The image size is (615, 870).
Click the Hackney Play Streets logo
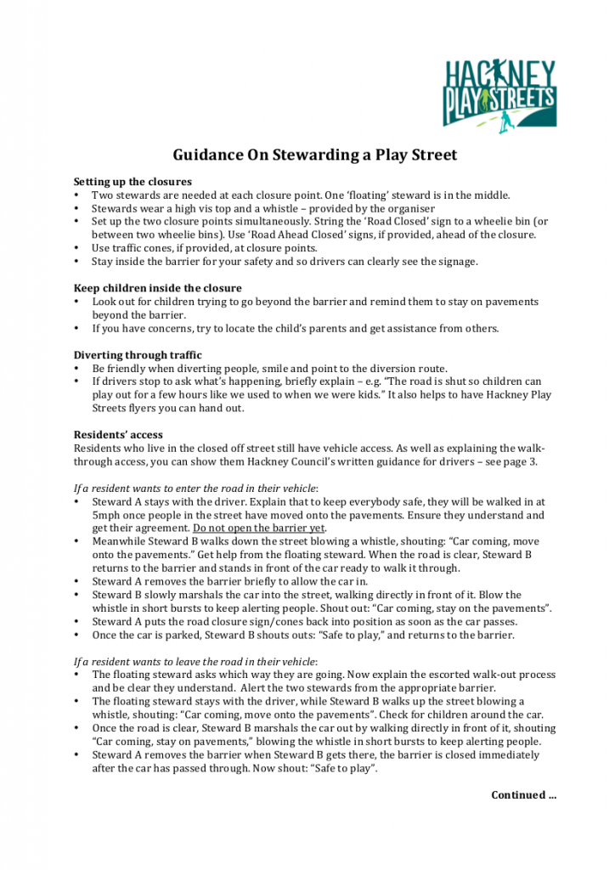click(499, 95)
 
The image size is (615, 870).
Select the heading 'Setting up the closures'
click(133, 182)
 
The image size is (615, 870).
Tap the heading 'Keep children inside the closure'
click(157, 288)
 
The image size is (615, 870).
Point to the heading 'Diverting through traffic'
click(138, 355)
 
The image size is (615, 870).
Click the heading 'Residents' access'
click(118, 435)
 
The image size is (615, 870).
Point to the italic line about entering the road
click(196, 488)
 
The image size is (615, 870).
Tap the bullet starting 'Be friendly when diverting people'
click(269, 369)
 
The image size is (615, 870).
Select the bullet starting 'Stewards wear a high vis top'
click(263, 208)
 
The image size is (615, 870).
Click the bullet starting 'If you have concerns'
click(296, 329)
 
